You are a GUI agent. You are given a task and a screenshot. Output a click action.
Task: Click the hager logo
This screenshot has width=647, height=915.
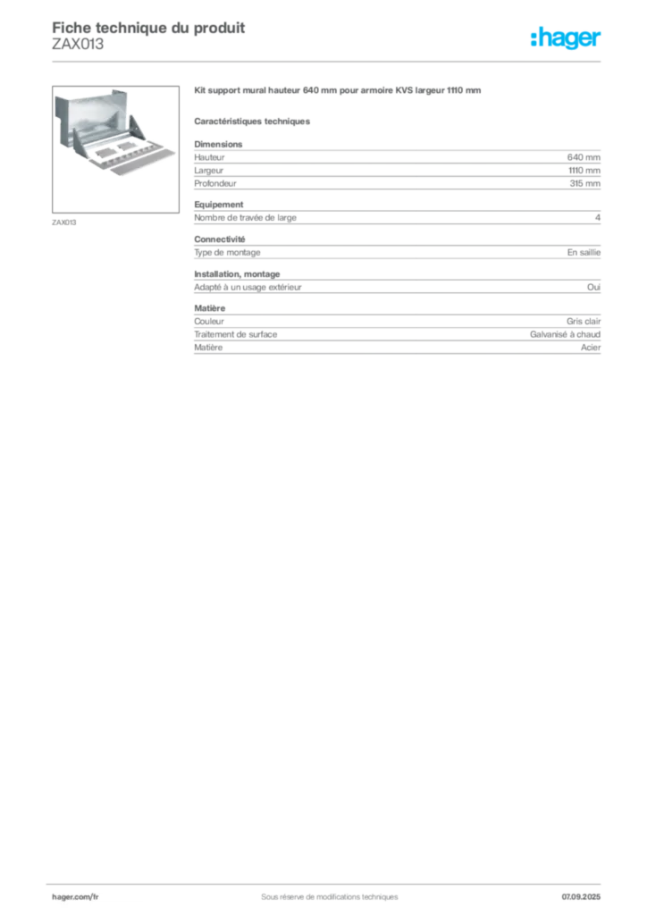pos(566,38)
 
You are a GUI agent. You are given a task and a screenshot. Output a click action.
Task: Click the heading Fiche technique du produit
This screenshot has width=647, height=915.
pos(148,28)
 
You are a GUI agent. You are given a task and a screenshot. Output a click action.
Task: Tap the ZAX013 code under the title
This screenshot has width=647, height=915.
pos(78,44)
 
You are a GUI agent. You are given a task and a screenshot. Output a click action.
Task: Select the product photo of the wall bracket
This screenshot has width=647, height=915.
pos(115,149)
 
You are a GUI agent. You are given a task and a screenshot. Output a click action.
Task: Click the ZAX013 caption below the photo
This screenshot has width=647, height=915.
pos(64,222)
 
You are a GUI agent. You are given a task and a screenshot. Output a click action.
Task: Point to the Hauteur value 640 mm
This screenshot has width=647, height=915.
pos(584,157)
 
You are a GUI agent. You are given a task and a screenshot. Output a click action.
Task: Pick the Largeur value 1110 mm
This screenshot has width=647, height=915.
pos(584,171)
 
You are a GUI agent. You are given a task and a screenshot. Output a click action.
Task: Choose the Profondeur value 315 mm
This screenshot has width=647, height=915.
pos(584,183)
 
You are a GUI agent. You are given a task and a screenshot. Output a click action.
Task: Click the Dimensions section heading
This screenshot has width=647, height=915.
pos(218,144)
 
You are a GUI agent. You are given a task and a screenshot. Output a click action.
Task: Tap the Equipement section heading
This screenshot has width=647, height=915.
pos(219,205)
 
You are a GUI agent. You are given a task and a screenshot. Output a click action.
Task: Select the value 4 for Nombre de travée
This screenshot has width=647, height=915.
pos(598,218)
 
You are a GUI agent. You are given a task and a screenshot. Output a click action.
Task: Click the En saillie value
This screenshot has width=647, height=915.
pos(584,252)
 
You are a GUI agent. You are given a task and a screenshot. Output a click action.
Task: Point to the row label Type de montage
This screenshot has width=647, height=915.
pos(227,253)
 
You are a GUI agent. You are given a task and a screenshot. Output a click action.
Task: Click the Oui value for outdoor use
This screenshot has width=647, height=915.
pos(593,287)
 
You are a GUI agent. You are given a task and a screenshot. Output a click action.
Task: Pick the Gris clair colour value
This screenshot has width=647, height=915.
pos(584,321)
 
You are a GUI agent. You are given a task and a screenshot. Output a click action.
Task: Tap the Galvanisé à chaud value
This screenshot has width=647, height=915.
pos(565,334)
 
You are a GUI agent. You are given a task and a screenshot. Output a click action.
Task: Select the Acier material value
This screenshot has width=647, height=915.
pos(591,348)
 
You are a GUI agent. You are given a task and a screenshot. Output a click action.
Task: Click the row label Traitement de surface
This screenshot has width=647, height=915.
pos(236,334)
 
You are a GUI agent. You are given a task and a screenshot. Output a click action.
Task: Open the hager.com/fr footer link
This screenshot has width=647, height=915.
pos(75,897)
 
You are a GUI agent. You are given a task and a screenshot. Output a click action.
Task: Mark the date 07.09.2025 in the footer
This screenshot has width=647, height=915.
pos(581,897)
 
